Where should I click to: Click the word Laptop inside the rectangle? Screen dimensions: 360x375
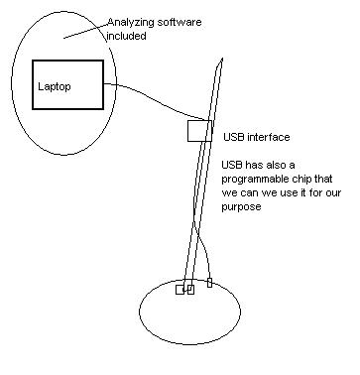pyautogui.click(x=55, y=87)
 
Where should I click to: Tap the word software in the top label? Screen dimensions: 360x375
pyautogui.click(x=180, y=23)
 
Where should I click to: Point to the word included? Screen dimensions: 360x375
pyautogui.click(x=126, y=36)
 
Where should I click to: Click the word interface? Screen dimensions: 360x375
pyautogui.click(x=269, y=137)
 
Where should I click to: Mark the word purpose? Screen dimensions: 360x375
pyautogui.click(x=241, y=207)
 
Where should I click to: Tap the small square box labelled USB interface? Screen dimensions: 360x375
pyautogui.click(x=199, y=131)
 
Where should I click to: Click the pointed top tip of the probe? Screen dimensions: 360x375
pyautogui.click(x=222, y=59)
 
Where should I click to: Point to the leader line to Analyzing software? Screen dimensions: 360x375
pyautogui.click(x=86, y=31)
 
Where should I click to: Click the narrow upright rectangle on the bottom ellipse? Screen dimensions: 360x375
pyautogui.click(x=209, y=283)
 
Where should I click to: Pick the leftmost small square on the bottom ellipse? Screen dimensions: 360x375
pyautogui.click(x=180, y=290)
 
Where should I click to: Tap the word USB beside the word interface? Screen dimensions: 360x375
pyautogui.click(x=234, y=137)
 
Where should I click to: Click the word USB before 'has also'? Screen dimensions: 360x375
pyautogui.click(x=232, y=165)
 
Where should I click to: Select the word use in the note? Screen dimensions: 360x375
pyautogui.click(x=289, y=192)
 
